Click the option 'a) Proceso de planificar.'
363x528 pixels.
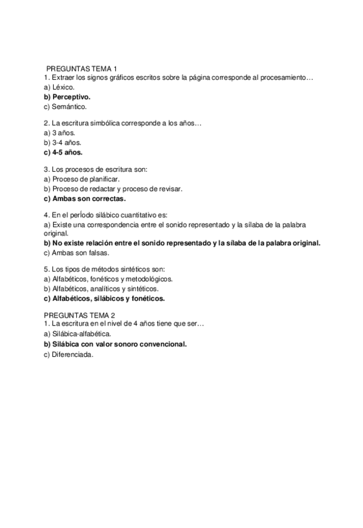pos(82,179)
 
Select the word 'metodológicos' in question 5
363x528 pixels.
pos(150,279)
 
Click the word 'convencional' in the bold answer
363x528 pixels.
pos(163,344)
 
